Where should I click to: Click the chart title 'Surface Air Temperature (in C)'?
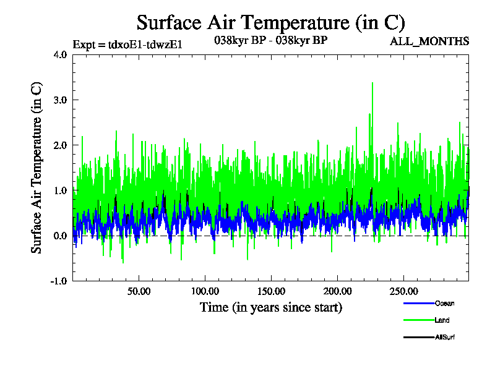tap(270, 23)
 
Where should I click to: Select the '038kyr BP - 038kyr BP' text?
tap(270, 41)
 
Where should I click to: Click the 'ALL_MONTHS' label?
tap(429, 41)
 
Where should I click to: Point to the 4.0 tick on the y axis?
tap(60, 54)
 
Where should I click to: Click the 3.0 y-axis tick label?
tap(60, 100)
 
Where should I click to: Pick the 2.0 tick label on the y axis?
tap(60, 145)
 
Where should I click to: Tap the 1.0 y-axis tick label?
tap(60, 190)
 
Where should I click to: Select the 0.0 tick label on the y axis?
tap(60, 236)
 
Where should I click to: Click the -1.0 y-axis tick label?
tap(59, 281)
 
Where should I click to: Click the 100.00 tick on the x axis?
tap(205, 291)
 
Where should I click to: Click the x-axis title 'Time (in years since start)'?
tap(270, 307)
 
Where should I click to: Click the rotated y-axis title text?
tap(37, 167)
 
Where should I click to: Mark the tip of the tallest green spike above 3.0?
tap(372, 83)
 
